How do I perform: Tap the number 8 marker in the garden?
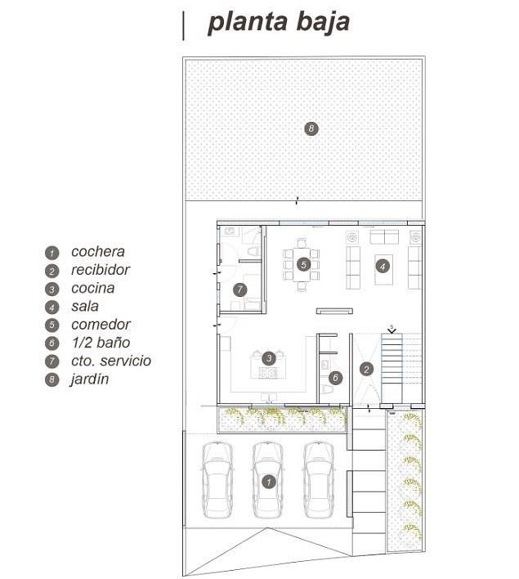[x=311, y=128]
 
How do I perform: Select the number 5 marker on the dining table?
[x=303, y=264]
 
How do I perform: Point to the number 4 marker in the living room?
[x=383, y=267]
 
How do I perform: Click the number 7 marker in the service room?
[x=240, y=289]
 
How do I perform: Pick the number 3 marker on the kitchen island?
[x=269, y=358]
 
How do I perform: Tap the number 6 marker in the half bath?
[x=335, y=377]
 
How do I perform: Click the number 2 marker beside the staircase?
[x=366, y=370]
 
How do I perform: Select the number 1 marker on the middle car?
[x=268, y=482]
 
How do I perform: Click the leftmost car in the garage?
[x=217, y=480]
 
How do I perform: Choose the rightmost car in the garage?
[x=319, y=480]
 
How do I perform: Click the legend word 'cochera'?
[x=98, y=252]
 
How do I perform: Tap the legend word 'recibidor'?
[x=101, y=270]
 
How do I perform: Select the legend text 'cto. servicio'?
[x=111, y=361]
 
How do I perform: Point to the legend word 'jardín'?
[x=90, y=379]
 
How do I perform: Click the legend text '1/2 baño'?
[x=101, y=343]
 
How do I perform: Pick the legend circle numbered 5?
[x=51, y=325]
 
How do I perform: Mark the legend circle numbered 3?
[x=51, y=289]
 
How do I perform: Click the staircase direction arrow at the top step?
[x=391, y=330]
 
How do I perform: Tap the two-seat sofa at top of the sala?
[x=384, y=237]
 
